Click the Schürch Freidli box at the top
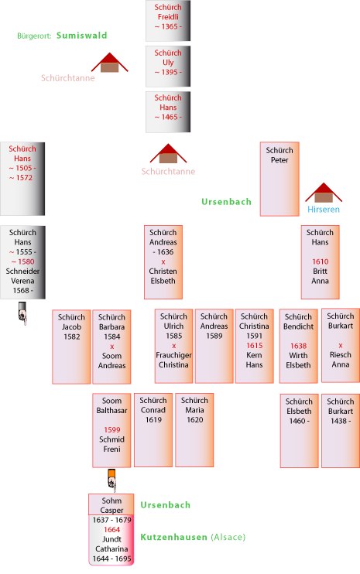pyautogui.click(x=168, y=20)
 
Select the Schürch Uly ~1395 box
pyautogui.click(x=168, y=67)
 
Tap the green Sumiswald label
pyautogui.click(x=81, y=36)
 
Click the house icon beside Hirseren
pyautogui.click(x=324, y=193)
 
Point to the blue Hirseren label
pyautogui.click(x=324, y=210)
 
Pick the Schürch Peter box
pyautogui.click(x=279, y=179)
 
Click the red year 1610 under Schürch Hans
pyautogui.click(x=320, y=261)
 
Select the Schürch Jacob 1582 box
pyautogui.click(x=71, y=347)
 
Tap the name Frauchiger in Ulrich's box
pyautogui.click(x=173, y=355)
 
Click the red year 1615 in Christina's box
pyautogui.click(x=254, y=346)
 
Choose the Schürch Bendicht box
pyautogui.click(x=299, y=346)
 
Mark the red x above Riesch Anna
pyautogui.click(x=341, y=345)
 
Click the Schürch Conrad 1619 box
pyautogui.click(x=153, y=430)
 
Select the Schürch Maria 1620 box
pyautogui.click(x=194, y=430)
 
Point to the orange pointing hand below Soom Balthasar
pyautogui.click(x=112, y=480)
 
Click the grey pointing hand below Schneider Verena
pyautogui.click(x=22, y=313)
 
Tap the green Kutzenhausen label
pyautogui.click(x=174, y=537)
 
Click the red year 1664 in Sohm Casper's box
pyautogui.click(x=111, y=529)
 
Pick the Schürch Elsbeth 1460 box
pyautogui.click(x=299, y=431)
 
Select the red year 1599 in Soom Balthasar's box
pyautogui.click(x=111, y=430)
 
